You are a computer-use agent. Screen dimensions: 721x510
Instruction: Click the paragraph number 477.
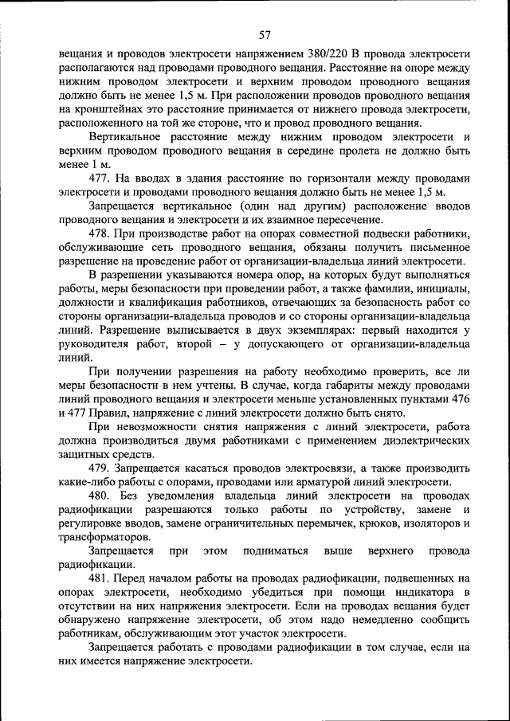click(x=100, y=178)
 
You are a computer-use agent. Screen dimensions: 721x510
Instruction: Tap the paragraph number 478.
click(x=100, y=233)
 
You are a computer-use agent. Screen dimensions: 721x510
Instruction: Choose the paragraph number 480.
click(x=100, y=496)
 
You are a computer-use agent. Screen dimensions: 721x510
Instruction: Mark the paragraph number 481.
click(x=100, y=578)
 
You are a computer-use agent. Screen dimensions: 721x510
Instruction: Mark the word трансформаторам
click(x=100, y=537)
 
